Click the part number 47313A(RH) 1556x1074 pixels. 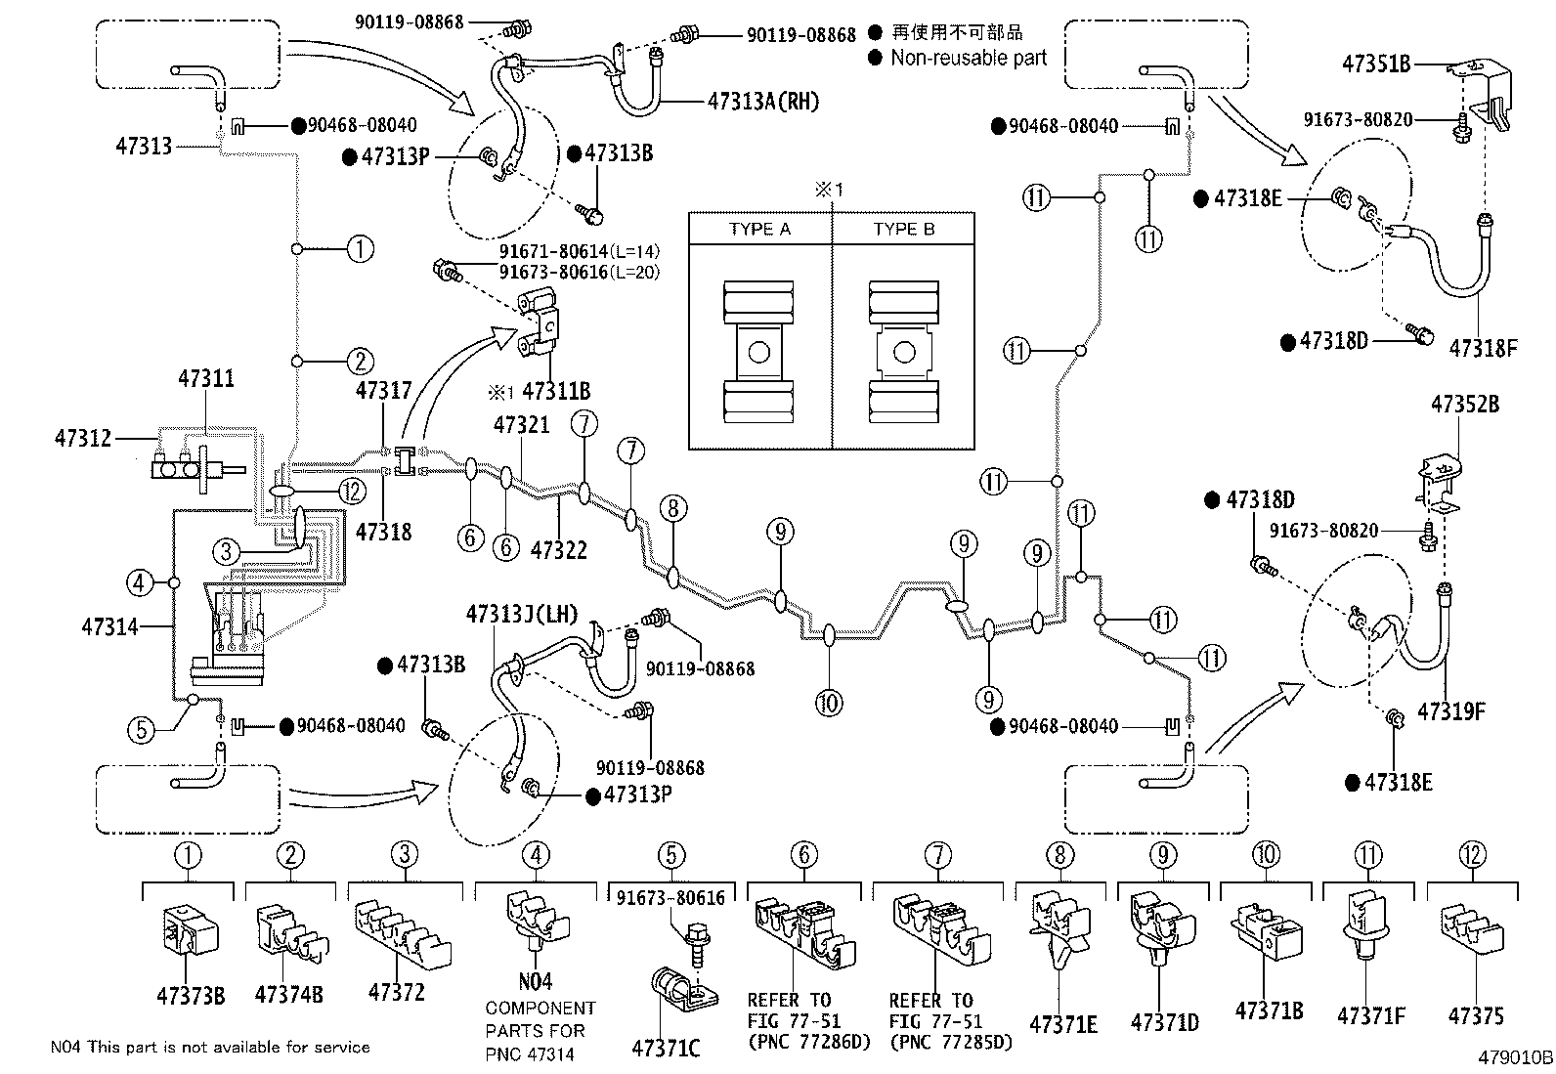[x=764, y=100]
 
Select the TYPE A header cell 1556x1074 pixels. [x=759, y=230]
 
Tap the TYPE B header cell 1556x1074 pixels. [x=903, y=230]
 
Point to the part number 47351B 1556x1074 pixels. [x=1375, y=64]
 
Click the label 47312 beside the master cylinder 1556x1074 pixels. [x=84, y=439]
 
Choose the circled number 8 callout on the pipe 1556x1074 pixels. [x=672, y=508]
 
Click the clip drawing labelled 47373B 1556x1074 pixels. [x=190, y=938]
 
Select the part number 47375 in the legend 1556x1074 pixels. [x=1476, y=1017]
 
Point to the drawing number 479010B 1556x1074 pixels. [x=1514, y=1057]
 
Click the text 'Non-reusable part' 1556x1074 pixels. [x=968, y=58]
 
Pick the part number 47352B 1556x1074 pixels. [x=1465, y=404]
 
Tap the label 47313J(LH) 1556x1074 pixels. [x=522, y=615]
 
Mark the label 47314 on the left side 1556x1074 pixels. [x=109, y=626]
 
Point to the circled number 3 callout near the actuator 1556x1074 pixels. [x=226, y=552]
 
